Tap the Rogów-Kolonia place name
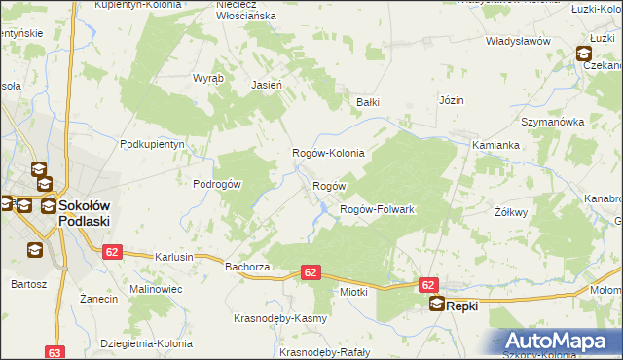(329, 153)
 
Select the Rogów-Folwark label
(377, 209)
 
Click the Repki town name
(462, 306)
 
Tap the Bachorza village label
(246, 265)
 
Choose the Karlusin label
(174, 257)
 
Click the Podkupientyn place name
(152, 143)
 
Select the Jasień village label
(267, 85)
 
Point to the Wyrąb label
(208, 77)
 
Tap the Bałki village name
(367, 101)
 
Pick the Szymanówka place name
(551, 122)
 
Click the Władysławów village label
(519, 41)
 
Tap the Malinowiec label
(158, 289)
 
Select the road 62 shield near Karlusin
(111, 251)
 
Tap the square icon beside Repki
(437, 305)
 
